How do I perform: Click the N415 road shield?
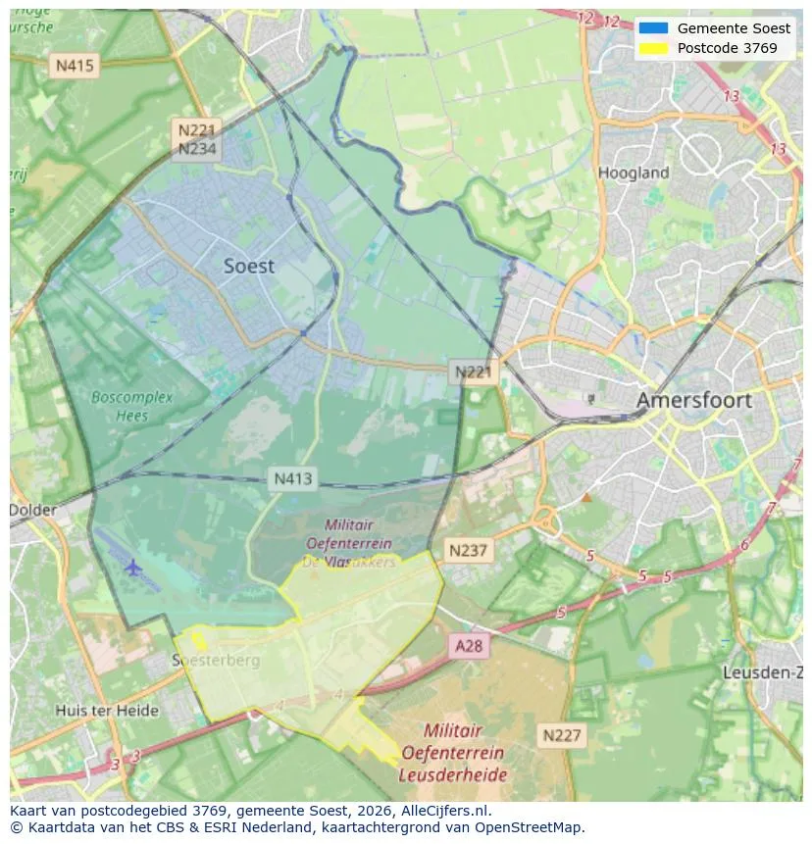(x=75, y=66)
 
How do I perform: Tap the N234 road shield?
(x=196, y=149)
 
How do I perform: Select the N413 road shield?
(x=292, y=478)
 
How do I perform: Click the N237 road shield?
(x=468, y=550)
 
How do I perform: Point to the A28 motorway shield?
(x=469, y=645)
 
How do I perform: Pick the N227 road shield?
(x=562, y=735)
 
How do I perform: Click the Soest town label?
(x=249, y=266)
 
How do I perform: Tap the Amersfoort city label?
(x=693, y=400)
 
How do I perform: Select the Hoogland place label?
(x=634, y=173)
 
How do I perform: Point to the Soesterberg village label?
(x=218, y=660)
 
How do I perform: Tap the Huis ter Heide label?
(x=107, y=710)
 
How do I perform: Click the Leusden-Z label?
(x=762, y=672)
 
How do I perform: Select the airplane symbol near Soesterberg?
(x=132, y=567)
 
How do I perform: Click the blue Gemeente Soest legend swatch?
(x=653, y=28)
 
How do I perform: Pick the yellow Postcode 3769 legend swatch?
(x=653, y=48)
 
